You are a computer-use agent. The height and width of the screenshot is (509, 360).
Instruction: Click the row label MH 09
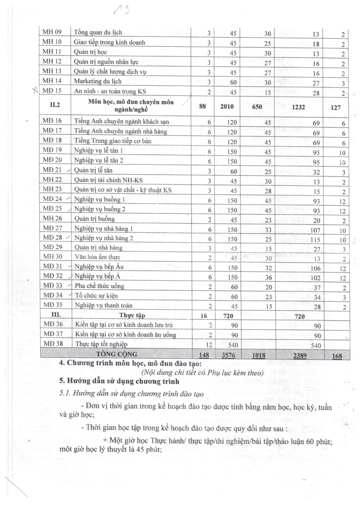pyautogui.click(x=52, y=33)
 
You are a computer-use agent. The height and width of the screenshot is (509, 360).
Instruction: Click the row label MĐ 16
pyautogui.click(x=52, y=122)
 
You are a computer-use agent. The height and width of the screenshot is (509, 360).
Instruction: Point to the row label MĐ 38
pyautogui.click(x=52, y=344)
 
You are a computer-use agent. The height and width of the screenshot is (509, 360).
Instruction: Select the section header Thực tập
pyautogui.click(x=132, y=316)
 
